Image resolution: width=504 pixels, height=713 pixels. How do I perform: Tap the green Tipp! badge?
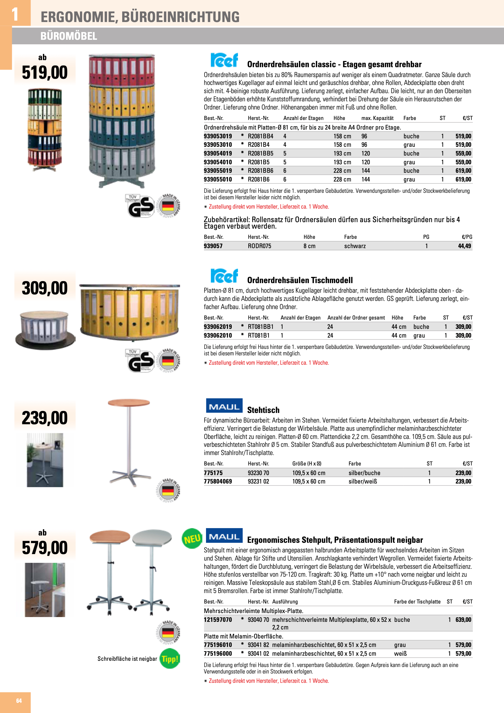tap(170, 659)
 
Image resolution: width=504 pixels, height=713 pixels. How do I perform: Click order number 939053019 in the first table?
tap(218, 136)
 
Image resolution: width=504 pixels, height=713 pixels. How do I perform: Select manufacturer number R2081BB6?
tap(260, 170)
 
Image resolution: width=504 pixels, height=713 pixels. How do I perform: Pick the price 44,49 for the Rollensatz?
tap(464, 246)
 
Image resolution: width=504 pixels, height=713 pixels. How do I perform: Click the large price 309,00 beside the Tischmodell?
tap(45, 288)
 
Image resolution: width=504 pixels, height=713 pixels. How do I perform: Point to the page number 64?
tap(19, 701)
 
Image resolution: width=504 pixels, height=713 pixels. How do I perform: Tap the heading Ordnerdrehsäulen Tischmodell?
tap(300, 280)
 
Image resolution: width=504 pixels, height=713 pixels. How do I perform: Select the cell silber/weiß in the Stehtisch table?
tap(362, 481)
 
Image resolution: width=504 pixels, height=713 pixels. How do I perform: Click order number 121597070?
tap(218, 620)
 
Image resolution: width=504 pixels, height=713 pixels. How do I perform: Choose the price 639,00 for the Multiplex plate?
tap(463, 620)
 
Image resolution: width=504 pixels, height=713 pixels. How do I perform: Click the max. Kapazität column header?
tap(377, 118)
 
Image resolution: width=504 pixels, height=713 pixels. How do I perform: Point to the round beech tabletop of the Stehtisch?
tap(129, 403)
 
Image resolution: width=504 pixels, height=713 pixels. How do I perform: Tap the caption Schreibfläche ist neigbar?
tap(127, 659)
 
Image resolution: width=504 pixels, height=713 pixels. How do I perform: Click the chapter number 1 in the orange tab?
tap(15, 14)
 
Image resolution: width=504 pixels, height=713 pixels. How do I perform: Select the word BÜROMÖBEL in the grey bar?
tap(69, 36)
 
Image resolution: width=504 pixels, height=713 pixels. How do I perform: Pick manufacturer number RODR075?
tap(259, 246)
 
